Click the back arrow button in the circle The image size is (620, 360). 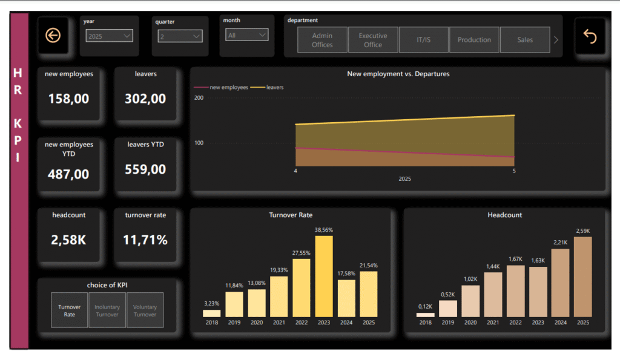(x=53, y=36)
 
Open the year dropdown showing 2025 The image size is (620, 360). (x=109, y=36)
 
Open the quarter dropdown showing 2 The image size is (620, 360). (x=180, y=36)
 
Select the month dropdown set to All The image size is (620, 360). (x=246, y=35)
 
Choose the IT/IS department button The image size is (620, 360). (x=423, y=40)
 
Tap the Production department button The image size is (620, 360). (x=474, y=40)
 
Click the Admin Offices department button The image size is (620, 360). (x=322, y=40)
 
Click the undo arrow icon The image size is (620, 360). (x=590, y=36)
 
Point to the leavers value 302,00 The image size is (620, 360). (x=145, y=99)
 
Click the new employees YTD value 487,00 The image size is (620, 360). (x=68, y=174)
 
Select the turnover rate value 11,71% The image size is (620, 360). (x=145, y=240)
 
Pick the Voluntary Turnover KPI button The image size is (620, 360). (x=145, y=310)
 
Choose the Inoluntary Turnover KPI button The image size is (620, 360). (x=107, y=310)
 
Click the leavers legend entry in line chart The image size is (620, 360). (x=271, y=87)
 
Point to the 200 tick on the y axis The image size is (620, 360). (x=198, y=97)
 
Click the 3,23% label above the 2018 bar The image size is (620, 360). (x=211, y=304)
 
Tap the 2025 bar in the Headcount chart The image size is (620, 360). (x=582, y=277)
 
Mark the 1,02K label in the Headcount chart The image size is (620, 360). (x=470, y=279)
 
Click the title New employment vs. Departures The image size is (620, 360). (x=398, y=74)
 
